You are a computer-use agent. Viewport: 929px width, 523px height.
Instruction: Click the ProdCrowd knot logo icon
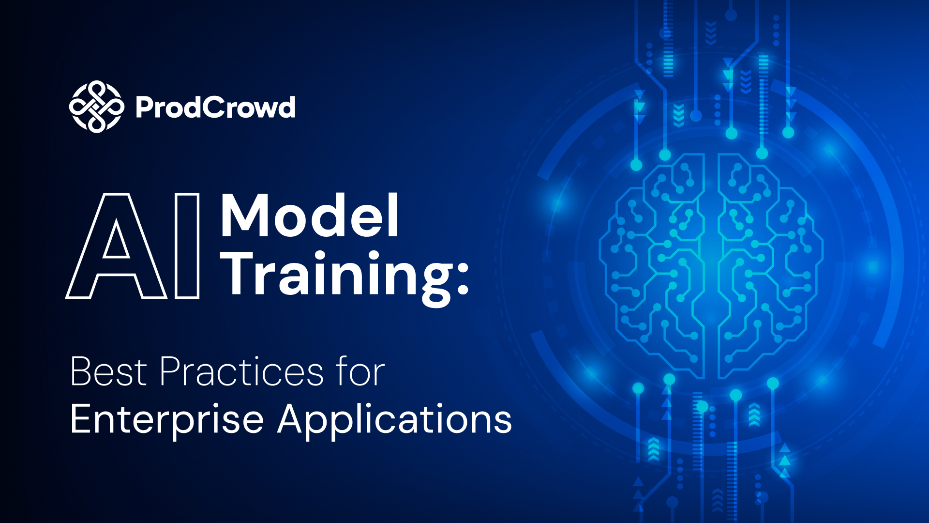[96, 107]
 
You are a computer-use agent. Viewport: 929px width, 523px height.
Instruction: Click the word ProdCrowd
[215, 107]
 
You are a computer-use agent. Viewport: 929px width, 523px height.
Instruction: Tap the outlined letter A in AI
[116, 246]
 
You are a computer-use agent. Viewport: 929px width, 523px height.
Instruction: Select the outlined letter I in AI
[187, 246]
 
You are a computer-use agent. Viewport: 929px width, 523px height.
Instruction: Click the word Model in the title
[310, 215]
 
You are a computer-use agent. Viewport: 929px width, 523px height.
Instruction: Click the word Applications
[395, 419]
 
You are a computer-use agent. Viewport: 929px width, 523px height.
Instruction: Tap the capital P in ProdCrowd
[145, 108]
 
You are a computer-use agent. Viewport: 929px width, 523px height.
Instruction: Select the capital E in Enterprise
[82, 418]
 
